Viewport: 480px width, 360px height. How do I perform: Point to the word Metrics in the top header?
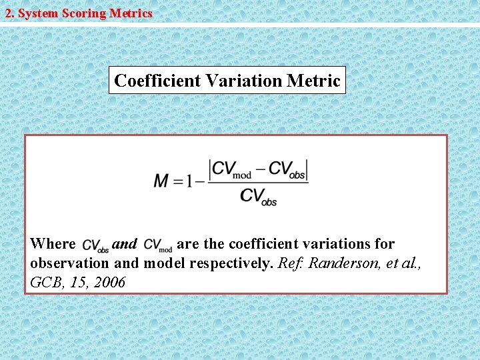click(130, 13)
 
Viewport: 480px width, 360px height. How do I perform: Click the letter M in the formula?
click(161, 181)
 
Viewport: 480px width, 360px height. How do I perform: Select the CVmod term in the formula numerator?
click(232, 169)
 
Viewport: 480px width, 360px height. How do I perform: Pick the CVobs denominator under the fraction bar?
click(259, 195)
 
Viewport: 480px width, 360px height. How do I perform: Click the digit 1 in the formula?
click(191, 181)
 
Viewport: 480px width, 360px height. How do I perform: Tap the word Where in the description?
click(53, 244)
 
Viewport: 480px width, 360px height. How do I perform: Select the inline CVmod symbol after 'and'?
click(158, 246)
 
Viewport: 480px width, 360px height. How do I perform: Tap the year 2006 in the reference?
click(109, 282)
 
